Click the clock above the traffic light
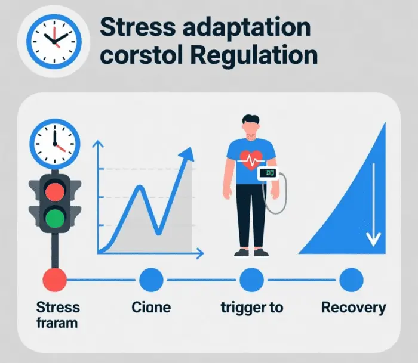(54, 144)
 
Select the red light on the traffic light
(54, 191)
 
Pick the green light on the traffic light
(54, 216)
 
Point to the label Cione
(150, 308)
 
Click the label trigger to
(251, 308)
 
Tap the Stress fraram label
(57, 315)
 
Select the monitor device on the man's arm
(268, 173)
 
